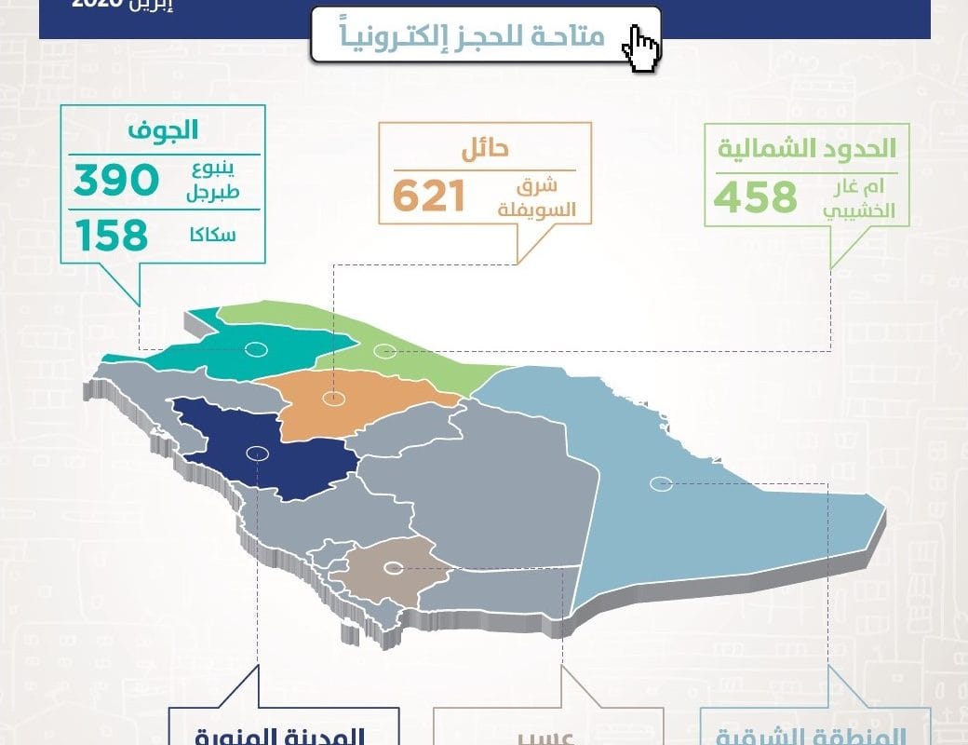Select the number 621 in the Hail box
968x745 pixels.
[428, 197]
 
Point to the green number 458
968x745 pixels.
[756, 197]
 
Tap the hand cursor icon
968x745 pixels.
[641, 47]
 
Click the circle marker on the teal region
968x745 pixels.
[256, 350]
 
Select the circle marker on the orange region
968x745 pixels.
[332, 400]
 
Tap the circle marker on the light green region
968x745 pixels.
[383, 351]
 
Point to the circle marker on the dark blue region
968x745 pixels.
[257, 454]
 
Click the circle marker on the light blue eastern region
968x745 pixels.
[661, 483]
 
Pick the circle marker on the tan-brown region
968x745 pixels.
[394, 567]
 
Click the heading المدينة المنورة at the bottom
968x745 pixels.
[283, 736]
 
